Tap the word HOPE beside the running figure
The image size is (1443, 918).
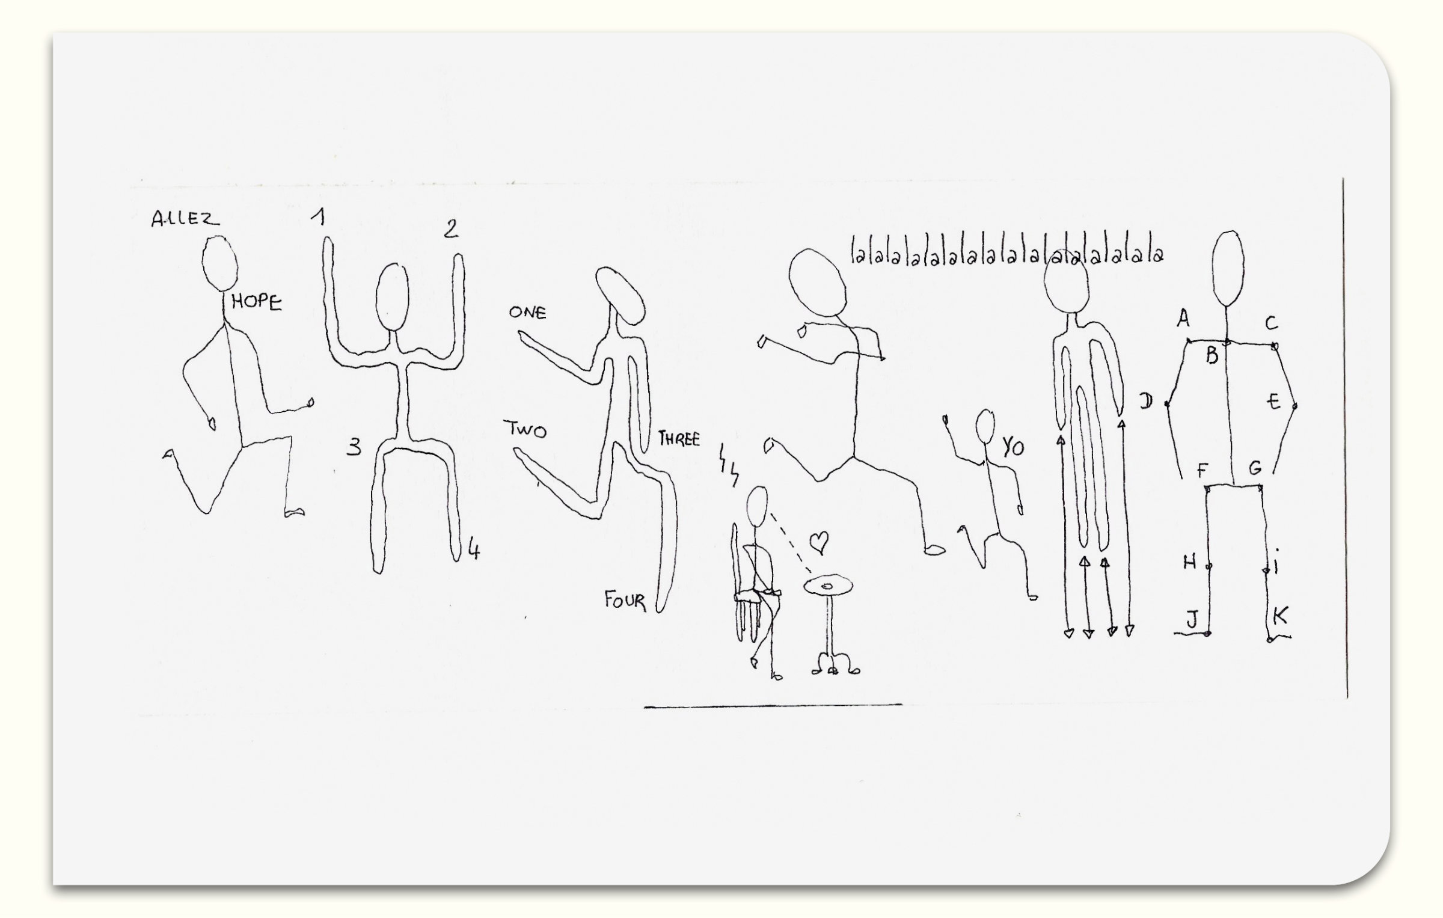point(257,302)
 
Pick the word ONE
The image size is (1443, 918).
point(527,312)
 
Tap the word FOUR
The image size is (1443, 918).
point(625,601)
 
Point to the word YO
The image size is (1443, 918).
point(1013,447)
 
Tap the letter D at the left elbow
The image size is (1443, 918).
point(1146,401)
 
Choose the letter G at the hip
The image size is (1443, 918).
point(1255,468)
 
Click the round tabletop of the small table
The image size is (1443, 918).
point(829,585)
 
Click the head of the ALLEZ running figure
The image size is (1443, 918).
point(219,263)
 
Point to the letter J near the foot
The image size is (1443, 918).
point(1192,618)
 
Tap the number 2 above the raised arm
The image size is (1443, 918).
point(451,228)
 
